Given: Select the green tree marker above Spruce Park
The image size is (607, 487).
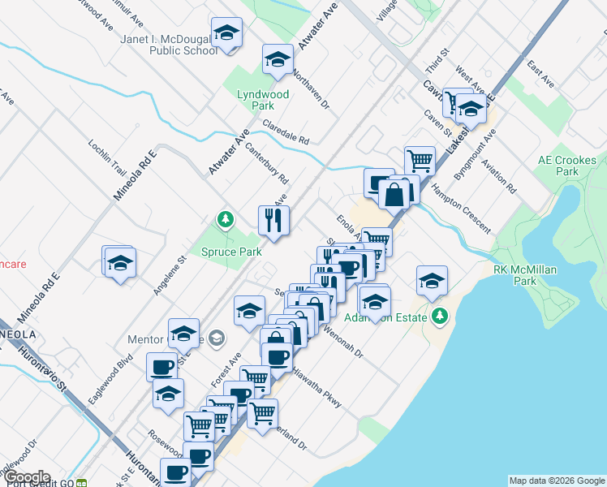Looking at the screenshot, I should pyautogui.click(x=225, y=219).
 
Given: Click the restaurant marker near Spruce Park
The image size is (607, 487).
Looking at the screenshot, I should pyautogui.click(x=273, y=219).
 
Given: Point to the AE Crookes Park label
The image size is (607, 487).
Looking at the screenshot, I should pyautogui.click(x=568, y=166).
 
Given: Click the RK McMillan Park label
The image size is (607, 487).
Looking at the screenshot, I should pyautogui.click(x=525, y=274).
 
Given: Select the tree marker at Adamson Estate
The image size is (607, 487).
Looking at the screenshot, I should pyautogui.click(x=440, y=316).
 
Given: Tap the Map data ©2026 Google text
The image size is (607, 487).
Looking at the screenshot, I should pyautogui.click(x=556, y=481).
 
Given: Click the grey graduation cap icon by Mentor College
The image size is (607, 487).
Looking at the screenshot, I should pyautogui.click(x=216, y=338).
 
